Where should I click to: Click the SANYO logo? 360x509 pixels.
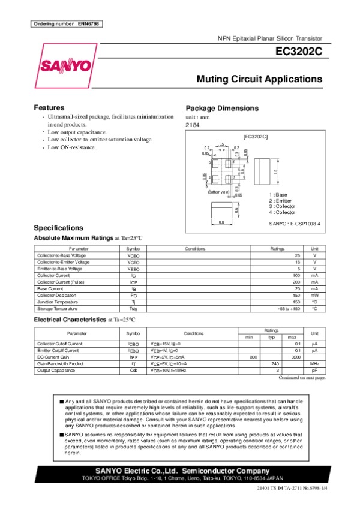tap(65, 65)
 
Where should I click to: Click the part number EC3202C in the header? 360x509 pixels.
tap(298, 52)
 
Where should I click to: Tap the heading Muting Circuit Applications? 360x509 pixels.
tap(259, 79)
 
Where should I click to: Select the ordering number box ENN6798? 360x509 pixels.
tap(65, 23)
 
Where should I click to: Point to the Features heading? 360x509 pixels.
tap(49, 107)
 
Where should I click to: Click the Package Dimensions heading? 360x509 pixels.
tap(222, 109)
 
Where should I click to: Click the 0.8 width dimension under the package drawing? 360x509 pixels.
tap(220, 223)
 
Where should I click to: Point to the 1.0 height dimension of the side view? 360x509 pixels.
tap(275, 171)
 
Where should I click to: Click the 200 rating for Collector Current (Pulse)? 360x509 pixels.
tap(296, 282)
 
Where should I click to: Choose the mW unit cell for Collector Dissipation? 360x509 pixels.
tap(314, 295)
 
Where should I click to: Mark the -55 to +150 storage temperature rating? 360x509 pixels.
tap(289, 308)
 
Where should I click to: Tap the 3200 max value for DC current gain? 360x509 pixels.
tap(296, 357)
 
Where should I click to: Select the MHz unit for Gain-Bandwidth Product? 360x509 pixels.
tap(314, 363)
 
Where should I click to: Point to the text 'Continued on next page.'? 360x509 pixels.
tap(302, 378)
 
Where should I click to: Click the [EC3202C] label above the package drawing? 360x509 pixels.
tap(255, 137)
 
